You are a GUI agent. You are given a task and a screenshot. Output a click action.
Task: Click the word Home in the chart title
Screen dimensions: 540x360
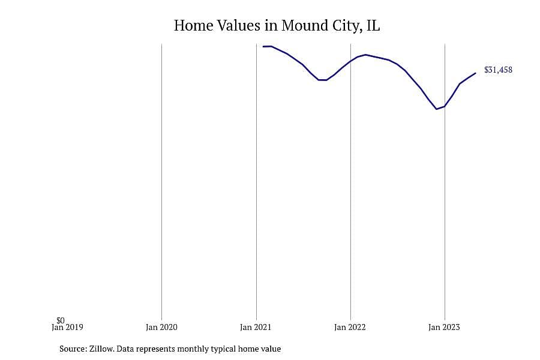tap(194, 25)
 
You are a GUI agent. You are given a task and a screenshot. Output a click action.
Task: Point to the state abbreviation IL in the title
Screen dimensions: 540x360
tap(373, 25)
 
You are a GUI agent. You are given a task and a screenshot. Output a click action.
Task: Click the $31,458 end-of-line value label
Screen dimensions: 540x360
tap(498, 70)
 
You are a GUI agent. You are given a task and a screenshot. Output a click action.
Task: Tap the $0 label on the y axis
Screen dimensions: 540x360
tap(61, 320)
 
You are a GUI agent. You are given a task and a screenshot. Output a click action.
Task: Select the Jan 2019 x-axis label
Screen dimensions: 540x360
tap(67, 327)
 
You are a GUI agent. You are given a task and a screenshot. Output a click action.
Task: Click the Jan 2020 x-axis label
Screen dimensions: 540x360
tap(161, 327)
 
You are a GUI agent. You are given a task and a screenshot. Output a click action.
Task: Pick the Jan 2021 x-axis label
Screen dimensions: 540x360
tap(256, 327)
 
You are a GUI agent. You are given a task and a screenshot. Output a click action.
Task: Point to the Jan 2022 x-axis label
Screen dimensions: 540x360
tap(350, 327)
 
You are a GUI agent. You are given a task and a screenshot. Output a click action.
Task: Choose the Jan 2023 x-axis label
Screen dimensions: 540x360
tap(444, 327)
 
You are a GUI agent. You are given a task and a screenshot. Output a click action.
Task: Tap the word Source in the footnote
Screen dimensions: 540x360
tap(73, 349)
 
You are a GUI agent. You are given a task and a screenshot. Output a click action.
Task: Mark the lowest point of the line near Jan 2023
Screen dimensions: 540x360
tap(436, 109)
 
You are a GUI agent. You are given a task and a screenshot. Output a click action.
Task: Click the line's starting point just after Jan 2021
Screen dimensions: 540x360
tap(263, 46)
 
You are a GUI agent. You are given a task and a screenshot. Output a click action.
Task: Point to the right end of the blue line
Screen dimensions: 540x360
tap(476, 73)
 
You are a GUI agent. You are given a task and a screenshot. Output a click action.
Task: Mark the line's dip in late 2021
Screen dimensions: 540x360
tap(323, 80)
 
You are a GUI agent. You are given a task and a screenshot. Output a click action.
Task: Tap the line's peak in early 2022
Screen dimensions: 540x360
tap(365, 55)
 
